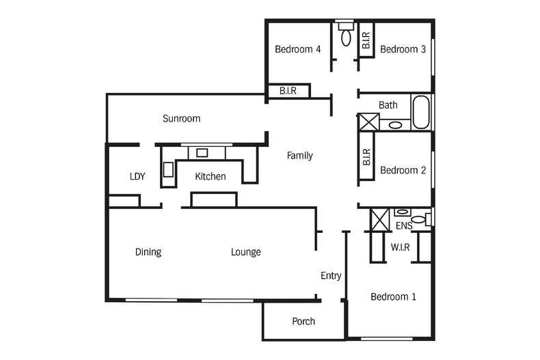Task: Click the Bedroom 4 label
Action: [297, 49]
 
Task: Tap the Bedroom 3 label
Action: [403, 49]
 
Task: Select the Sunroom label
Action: [182, 118]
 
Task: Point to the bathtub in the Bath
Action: [421, 112]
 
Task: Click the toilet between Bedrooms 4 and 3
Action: [346, 35]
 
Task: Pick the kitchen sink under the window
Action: [202, 153]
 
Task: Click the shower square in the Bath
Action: [369, 122]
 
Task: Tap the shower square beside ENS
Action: [379, 219]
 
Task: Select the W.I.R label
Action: [400, 247]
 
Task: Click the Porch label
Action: [303, 322]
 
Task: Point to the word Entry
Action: [331, 275]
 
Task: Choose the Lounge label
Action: [246, 252]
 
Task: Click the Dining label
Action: [148, 252]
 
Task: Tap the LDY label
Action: [137, 176]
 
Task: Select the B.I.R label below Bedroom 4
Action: [288, 91]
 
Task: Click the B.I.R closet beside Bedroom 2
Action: [366, 156]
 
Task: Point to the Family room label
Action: [299, 156]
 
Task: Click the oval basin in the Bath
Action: [395, 125]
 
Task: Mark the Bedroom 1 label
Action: [393, 296]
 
